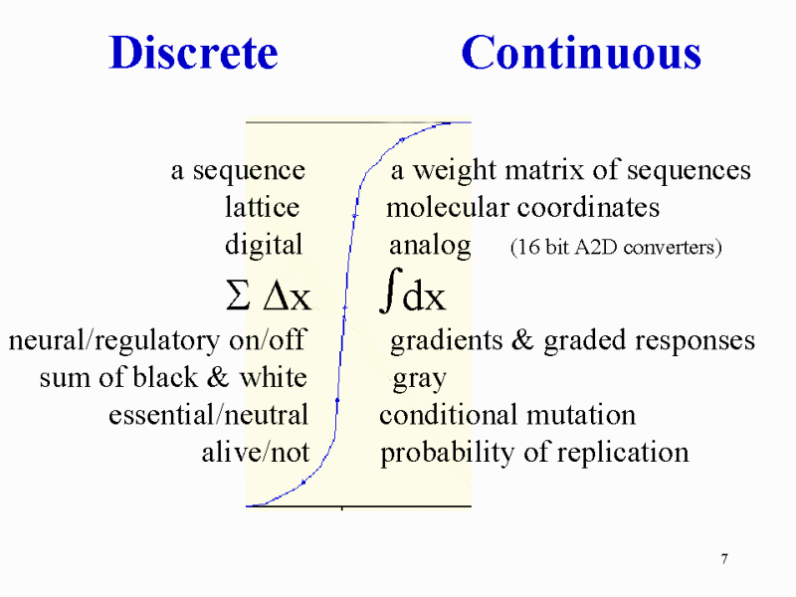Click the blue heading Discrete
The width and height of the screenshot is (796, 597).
193,53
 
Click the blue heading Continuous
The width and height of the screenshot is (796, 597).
581,53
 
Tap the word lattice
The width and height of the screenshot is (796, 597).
262,207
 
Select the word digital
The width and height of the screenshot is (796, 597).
264,245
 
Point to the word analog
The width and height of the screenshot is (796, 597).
430,246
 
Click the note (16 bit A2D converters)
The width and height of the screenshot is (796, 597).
616,247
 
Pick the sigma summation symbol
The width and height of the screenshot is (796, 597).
238,297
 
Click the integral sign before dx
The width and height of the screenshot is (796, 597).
390,291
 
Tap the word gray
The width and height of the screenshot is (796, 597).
419,379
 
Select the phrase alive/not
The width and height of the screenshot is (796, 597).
256,452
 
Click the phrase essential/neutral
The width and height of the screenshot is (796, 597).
208,414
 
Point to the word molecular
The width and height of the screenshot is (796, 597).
447,207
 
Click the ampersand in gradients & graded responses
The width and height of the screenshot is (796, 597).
522,339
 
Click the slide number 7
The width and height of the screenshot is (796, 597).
724,559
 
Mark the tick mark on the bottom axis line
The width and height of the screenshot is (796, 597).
342,507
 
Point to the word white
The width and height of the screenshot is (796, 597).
273,377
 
